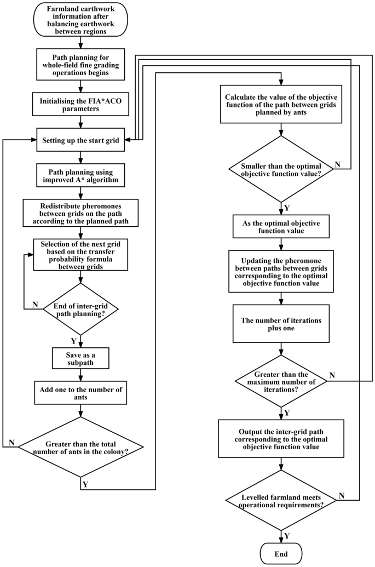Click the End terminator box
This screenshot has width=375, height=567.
click(281, 554)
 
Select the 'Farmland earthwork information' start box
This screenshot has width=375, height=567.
click(80, 22)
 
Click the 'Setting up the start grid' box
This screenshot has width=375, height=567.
click(80, 140)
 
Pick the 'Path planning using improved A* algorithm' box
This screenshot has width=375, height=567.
click(80, 176)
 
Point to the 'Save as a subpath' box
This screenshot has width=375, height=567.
click(80, 358)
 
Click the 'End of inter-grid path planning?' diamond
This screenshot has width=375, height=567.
click(80, 309)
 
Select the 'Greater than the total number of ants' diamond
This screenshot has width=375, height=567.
click(80, 447)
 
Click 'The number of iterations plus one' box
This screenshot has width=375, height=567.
click(281, 324)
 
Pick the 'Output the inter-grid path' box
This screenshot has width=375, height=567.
click(281, 438)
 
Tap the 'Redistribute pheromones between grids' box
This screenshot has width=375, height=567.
click(80, 213)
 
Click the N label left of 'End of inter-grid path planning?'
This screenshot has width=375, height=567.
click(36, 304)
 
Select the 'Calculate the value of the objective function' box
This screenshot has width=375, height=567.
click(281, 105)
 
